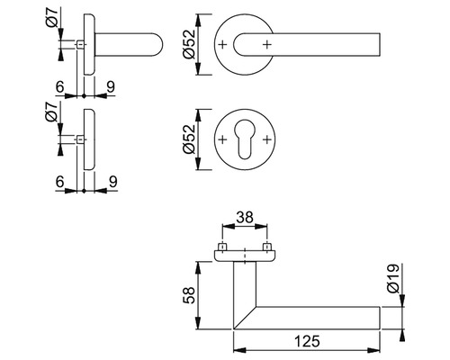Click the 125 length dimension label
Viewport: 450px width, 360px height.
[x=307, y=341]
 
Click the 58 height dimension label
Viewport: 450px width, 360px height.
[x=190, y=295]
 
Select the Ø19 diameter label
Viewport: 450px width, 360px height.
[x=393, y=278]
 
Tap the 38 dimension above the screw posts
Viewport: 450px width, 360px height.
[x=245, y=217]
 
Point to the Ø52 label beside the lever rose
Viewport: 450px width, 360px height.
[x=189, y=44]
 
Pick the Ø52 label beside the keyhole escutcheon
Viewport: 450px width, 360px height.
[x=189, y=139]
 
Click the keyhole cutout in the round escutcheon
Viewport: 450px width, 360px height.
[x=245, y=139]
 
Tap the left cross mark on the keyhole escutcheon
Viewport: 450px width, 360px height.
[x=222, y=139]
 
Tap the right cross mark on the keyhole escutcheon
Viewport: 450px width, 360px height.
[x=266, y=139]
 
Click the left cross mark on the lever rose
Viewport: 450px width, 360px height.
[x=222, y=45]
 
